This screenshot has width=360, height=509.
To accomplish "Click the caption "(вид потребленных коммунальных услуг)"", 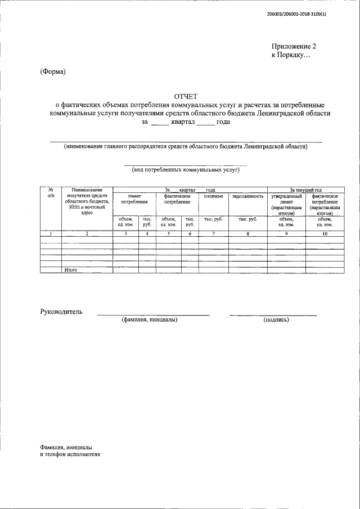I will [x=186, y=169].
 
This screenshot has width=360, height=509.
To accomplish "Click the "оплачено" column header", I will [x=214, y=196].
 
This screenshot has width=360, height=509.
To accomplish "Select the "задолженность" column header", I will [x=247, y=196].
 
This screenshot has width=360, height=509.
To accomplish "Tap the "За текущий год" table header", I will [x=305, y=190].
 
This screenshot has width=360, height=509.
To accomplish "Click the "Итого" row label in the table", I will [x=70, y=270].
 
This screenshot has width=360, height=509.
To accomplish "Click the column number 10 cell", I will [x=325, y=233].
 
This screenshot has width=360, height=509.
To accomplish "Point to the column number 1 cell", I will [x=51, y=233].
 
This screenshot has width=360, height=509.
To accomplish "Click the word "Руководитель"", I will [x=61, y=311].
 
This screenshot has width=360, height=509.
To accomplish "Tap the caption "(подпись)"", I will [x=276, y=320].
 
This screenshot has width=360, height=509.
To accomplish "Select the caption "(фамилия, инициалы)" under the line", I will [x=149, y=320].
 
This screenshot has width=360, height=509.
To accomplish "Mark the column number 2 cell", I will [x=87, y=233].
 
